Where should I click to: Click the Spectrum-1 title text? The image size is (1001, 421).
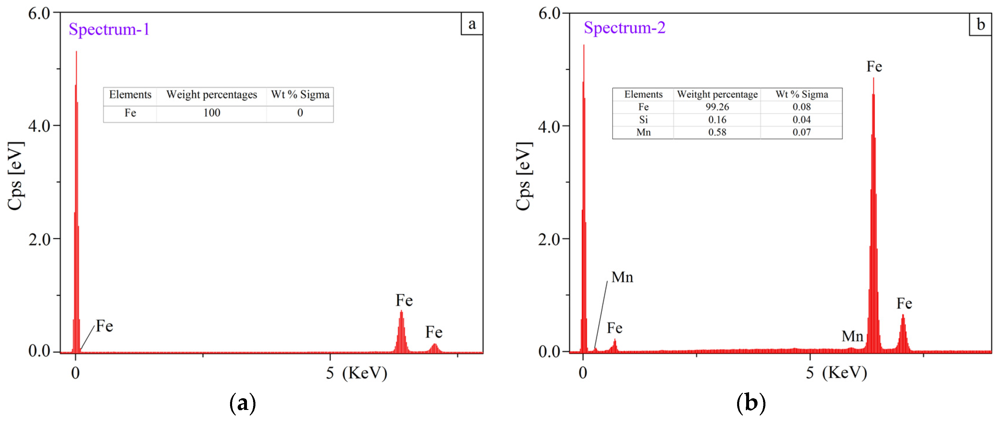tap(109, 29)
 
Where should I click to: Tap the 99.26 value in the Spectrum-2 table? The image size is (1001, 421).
tap(717, 107)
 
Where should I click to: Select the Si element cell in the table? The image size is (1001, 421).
tap(643, 120)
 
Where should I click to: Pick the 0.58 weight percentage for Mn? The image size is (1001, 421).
tap(717, 132)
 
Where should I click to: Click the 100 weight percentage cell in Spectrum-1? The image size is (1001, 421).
tap(212, 113)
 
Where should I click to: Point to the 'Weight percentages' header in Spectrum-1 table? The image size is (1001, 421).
tap(212, 95)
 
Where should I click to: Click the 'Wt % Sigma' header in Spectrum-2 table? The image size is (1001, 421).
tap(802, 95)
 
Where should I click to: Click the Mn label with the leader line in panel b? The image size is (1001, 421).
tap(622, 277)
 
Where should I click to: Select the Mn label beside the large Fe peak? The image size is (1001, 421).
tap(852, 336)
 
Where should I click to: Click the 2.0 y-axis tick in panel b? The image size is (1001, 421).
tap(549, 239)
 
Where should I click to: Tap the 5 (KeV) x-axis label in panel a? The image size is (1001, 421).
tap(356, 373)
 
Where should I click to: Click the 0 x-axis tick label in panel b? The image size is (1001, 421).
tap(583, 373)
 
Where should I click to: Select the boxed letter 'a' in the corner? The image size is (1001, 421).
tap(472, 24)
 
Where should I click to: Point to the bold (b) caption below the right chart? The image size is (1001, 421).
tap(751, 403)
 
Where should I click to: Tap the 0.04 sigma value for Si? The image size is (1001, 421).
tap(802, 120)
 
